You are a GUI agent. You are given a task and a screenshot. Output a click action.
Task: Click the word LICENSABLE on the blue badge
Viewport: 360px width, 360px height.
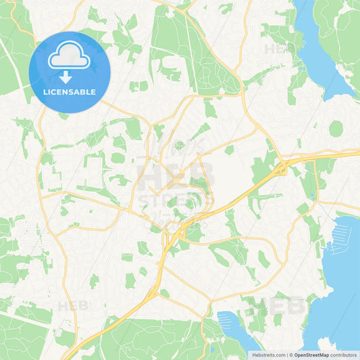70,92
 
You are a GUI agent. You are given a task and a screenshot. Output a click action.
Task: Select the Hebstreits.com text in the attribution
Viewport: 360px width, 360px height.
266,354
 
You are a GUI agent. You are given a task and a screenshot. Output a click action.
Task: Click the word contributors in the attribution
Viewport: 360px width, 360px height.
344,354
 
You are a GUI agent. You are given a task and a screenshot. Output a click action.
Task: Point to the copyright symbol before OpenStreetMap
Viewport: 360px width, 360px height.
290,354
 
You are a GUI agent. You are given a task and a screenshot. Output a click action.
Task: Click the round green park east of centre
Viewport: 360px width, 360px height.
336,128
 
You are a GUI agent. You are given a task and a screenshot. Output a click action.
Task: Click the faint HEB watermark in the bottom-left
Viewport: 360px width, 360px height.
73,305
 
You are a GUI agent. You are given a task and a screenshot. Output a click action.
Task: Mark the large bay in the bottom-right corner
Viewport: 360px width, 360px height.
341,290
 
